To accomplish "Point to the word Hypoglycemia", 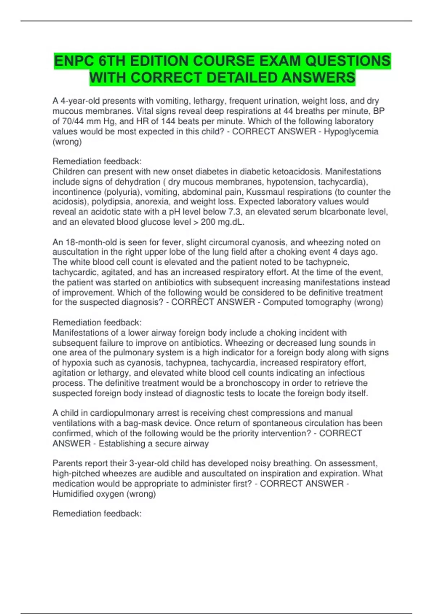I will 351,131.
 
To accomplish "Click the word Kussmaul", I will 264,192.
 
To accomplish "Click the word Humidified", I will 72,494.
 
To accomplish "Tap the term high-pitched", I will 76,474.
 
